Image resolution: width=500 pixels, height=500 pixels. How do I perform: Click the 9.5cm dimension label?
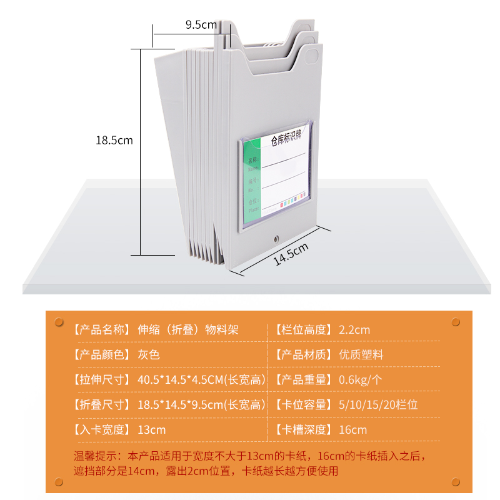201,25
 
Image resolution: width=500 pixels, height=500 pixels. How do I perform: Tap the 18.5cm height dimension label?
114,140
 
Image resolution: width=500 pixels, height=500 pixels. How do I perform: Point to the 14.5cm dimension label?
291,254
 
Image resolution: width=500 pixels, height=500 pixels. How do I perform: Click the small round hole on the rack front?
276,239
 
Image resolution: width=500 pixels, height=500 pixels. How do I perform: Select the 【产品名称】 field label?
101,329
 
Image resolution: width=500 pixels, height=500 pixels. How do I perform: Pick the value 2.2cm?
354,329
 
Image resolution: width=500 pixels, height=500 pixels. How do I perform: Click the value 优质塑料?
361,354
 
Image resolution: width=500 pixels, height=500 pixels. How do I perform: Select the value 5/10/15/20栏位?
378,404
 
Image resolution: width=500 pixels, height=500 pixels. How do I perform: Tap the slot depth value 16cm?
353,429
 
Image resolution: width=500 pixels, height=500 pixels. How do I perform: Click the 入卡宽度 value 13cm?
152,429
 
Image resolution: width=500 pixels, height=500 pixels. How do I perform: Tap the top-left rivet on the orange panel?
59,322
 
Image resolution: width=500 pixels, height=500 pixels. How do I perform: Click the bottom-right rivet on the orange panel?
456,482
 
